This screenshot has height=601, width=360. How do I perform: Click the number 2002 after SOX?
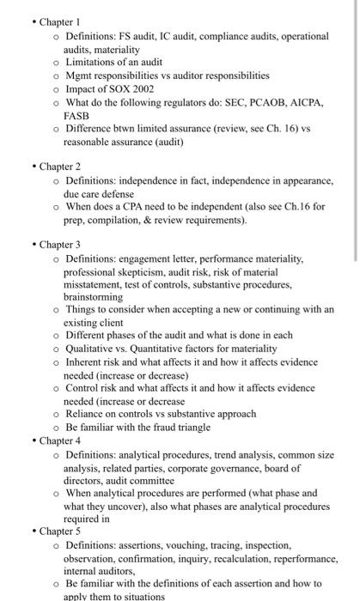(x=143, y=88)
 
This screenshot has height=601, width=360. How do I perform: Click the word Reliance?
(x=87, y=414)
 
